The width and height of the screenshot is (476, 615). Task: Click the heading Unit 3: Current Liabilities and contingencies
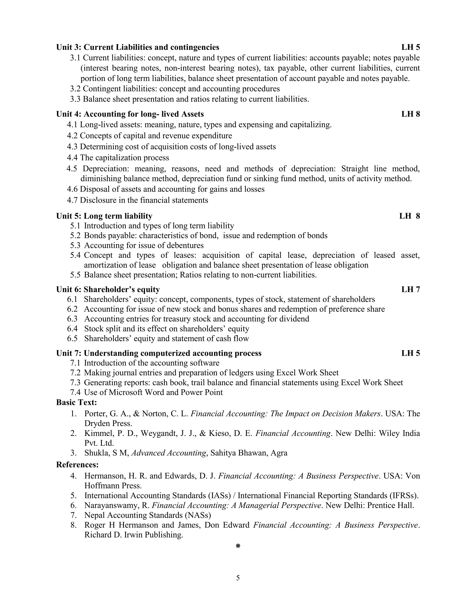[138, 47]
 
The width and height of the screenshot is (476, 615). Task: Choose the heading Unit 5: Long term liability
[104, 216]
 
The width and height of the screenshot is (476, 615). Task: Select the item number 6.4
[72, 329]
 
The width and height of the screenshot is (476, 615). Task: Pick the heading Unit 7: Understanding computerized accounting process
[159, 353]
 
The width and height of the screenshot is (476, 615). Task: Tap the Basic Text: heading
[76, 402]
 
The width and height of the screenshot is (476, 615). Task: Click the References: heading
[77, 465]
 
